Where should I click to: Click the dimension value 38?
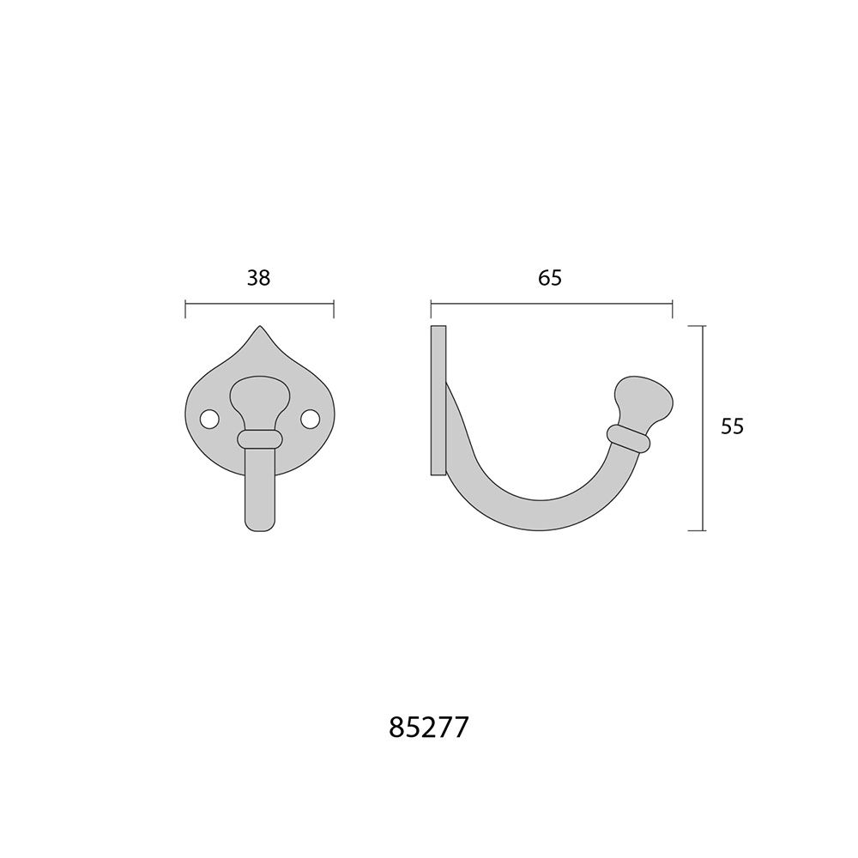point(259,278)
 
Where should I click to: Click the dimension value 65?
point(550,278)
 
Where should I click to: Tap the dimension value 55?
point(732,426)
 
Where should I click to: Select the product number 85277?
point(429,728)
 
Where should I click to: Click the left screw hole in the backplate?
point(209,420)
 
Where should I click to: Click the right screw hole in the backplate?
point(310,420)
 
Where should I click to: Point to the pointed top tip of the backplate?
point(259,327)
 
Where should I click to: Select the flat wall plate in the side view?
point(438,401)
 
